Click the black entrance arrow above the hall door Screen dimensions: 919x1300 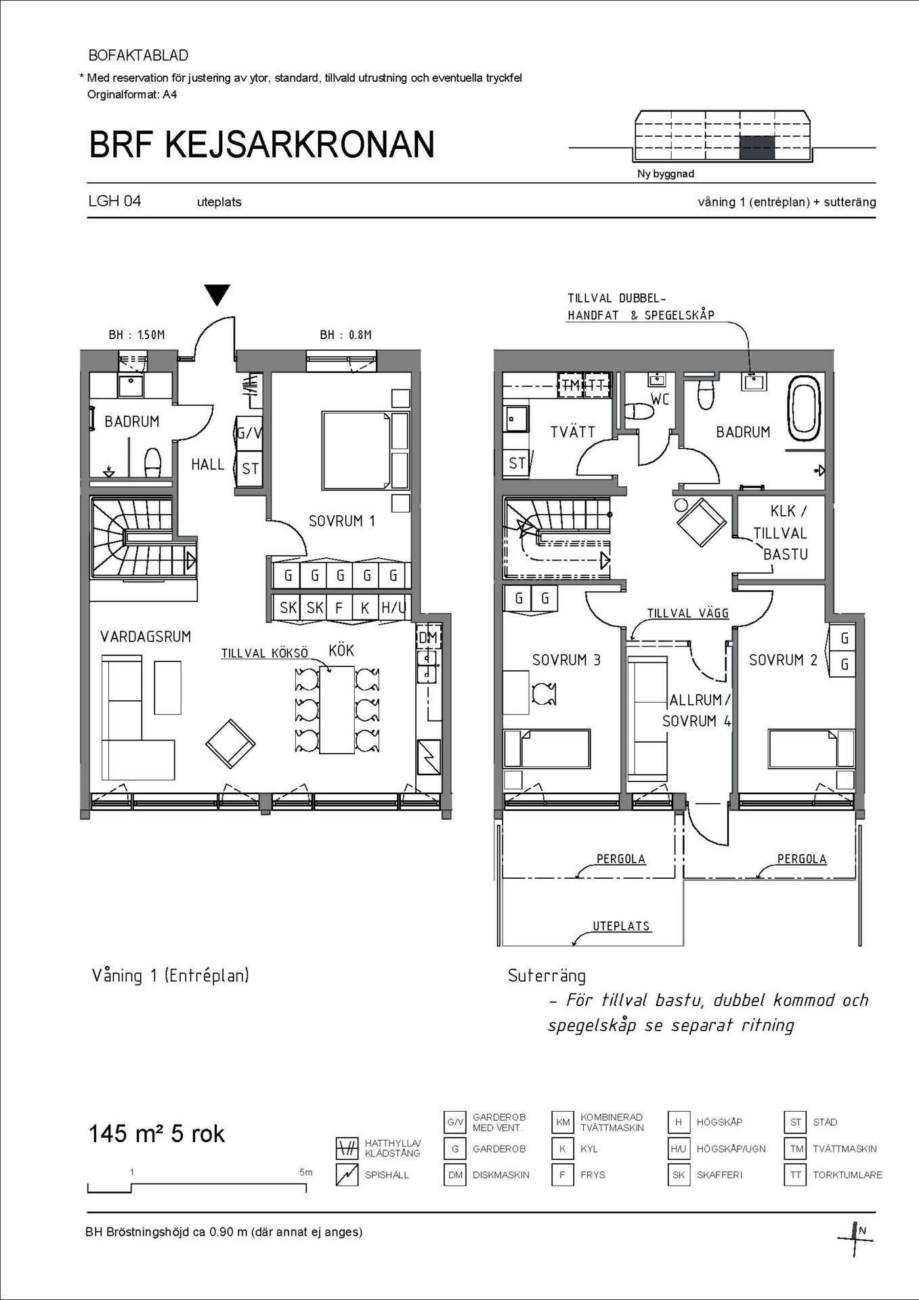tap(217, 295)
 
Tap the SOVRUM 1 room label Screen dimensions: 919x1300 tap(341, 521)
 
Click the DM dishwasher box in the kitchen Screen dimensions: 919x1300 tap(428, 637)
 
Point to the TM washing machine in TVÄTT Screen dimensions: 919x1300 tap(570, 385)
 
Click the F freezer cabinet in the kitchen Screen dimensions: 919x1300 tap(339, 607)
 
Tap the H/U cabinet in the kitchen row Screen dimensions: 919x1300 tap(393, 607)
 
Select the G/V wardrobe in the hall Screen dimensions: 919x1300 tap(249, 433)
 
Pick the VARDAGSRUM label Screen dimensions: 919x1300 tap(146, 636)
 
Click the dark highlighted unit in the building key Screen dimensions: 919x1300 tap(756, 148)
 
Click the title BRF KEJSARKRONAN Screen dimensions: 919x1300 tap(261, 144)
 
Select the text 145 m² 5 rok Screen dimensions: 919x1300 tap(156, 1133)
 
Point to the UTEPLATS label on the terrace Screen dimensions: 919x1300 tap(621, 926)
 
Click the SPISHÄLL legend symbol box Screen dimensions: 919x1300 tap(347, 1175)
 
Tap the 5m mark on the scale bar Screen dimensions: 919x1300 tap(306, 1173)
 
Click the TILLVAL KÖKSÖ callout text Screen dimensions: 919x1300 tap(265, 653)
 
